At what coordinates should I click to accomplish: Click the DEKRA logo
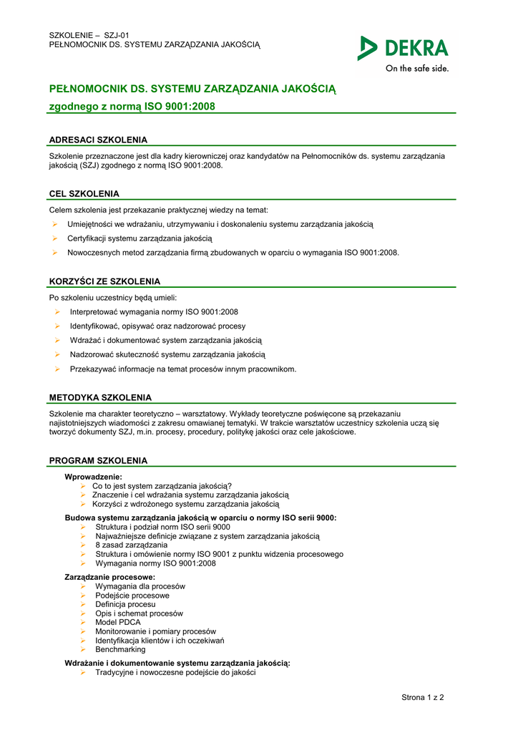(x=404, y=48)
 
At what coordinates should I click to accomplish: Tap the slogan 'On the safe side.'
(x=417, y=69)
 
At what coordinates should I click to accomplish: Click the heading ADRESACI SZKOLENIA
(x=98, y=140)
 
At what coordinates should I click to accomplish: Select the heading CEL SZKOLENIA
(x=84, y=194)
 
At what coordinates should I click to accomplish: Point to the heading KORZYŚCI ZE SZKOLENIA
(x=104, y=281)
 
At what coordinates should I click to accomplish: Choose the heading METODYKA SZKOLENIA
(x=100, y=397)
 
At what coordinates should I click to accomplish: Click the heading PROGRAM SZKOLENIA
(x=98, y=460)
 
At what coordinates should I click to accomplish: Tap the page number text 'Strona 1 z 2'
(x=423, y=697)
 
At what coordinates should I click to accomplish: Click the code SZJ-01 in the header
(x=117, y=35)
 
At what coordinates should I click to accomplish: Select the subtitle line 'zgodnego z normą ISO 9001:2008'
(x=132, y=107)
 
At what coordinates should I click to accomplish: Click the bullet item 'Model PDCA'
(x=118, y=622)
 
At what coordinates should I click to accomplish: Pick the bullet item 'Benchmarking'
(x=120, y=649)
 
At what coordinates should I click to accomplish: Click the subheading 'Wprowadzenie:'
(x=93, y=476)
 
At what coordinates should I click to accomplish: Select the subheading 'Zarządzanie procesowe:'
(x=109, y=577)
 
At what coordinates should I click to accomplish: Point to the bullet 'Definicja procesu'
(x=125, y=604)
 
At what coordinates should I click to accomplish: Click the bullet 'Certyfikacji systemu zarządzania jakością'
(x=140, y=238)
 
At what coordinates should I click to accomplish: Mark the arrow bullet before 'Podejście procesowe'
(x=83, y=596)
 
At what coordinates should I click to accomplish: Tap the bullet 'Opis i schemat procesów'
(x=139, y=613)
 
